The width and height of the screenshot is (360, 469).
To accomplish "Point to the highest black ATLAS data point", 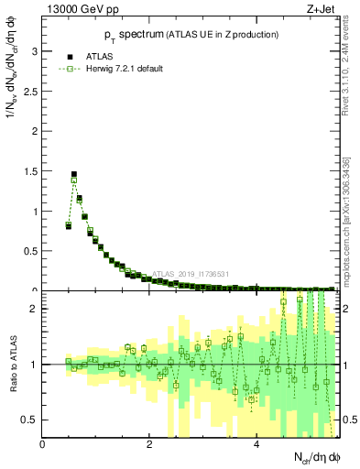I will coord(74,173).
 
